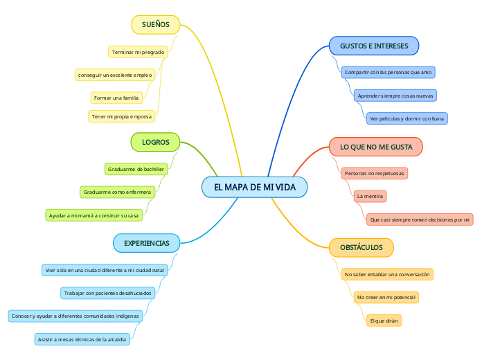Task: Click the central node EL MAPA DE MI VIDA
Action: (x=254, y=187)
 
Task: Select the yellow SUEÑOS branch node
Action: (x=155, y=25)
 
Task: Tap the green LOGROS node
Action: (x=155, y=142)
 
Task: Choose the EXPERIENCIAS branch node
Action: (x=146, y=243)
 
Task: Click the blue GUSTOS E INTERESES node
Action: (x=374, y=46)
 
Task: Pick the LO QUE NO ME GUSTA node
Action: (x=376, y=147)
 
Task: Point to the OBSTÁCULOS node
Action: (x=361, y=247)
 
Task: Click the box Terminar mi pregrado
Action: (x=138, y=52)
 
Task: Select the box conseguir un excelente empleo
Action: (x=115, y=75)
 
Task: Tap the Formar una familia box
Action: (x=116, y=98)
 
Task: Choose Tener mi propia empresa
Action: (x=121, y=116)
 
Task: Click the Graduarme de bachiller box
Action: (x=136, y=169)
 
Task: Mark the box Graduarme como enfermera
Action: (x=117, y=192)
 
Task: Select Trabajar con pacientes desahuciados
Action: (x=107, y=293)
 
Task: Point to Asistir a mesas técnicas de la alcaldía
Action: (x=82, y=339)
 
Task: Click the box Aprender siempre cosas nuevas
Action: (x=395, y=96)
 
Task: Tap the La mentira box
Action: (x=370, y=197)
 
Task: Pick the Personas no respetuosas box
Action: (x=375, y=172)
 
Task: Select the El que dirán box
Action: (x=384, y=321)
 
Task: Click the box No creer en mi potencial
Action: (x=386, y=297)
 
